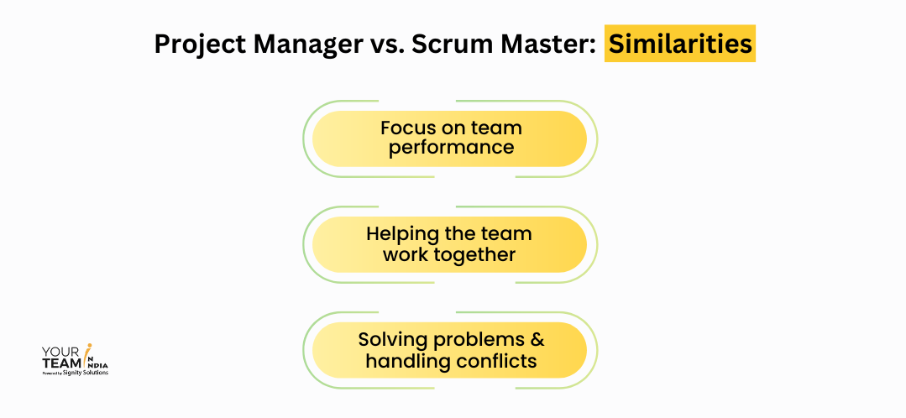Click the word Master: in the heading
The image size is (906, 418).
(542, 44)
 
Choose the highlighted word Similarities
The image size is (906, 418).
(680, 44)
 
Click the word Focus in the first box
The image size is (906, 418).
(406, 128)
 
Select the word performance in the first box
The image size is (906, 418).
(451, 148)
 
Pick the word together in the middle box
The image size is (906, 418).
(480, 253)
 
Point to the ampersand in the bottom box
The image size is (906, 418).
(536, 340)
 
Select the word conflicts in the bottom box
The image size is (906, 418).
(496, 361)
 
